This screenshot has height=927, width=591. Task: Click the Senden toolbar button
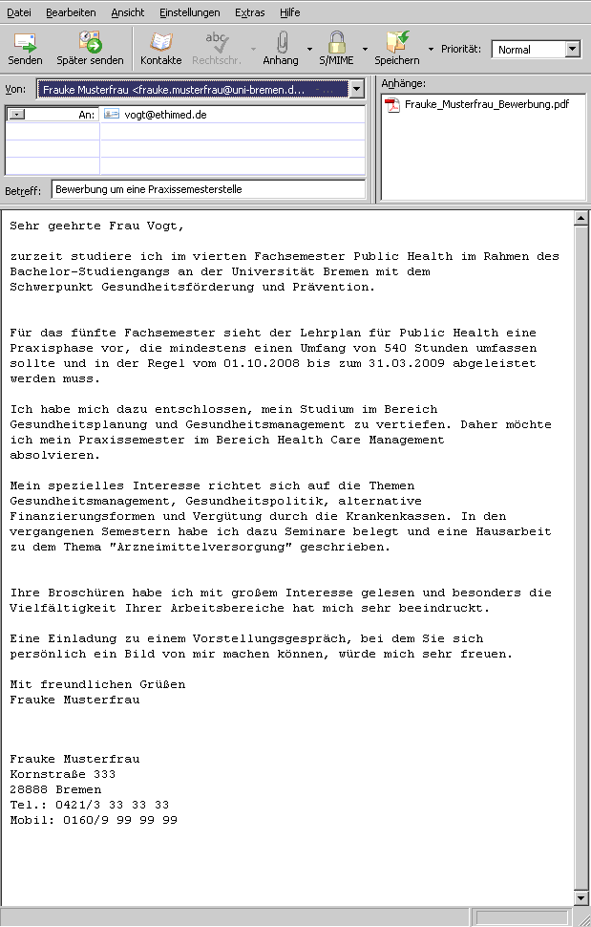(x=25, y=49)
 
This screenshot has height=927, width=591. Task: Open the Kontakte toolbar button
(x=160, y=49)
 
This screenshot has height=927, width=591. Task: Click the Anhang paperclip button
(x=281, y=49)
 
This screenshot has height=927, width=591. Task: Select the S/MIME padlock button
(x=336, y=49)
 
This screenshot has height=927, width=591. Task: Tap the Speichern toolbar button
(x=397, y=49)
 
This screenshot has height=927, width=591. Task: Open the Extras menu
(x=249, y=12)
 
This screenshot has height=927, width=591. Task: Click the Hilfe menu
(x=290, y=12)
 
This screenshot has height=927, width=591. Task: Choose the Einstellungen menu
(x=190, y=12)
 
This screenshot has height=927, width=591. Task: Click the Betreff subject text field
(x=208, y=189)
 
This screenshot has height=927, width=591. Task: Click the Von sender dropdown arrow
(x=356, y=89)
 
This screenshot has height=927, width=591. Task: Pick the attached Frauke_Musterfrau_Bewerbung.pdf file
(x=486, y=104)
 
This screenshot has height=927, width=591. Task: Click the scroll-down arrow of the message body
(x=580, y=898)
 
